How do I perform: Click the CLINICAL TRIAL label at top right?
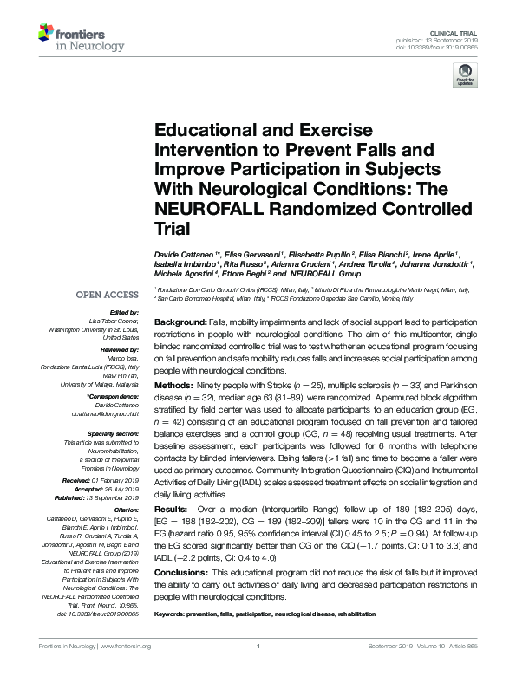(x=455, y=30)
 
